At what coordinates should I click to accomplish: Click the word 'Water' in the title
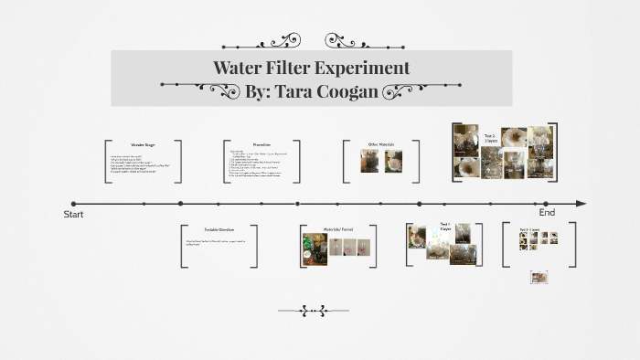[x=236, y=68]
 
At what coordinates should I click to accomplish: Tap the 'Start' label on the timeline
[x=73, y=214]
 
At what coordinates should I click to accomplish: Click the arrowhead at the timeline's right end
[x=581, y=204]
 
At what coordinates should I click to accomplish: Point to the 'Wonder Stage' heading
[x=144, y=145]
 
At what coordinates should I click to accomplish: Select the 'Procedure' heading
[x=261, y=145]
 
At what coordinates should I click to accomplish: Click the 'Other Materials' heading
[x=379, y=144]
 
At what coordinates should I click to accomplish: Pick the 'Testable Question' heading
[x=219, y=229]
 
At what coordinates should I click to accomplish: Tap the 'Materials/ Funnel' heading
[x=336, y=229]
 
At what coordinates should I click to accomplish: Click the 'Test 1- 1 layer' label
[x=444, y=226]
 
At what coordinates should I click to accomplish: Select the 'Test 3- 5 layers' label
[x=531, y=229]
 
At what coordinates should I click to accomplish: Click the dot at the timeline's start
[x=74, y=204]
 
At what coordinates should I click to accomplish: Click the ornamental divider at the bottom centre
[x=314, y=311]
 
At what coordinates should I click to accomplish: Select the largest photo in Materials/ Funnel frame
[x=315, y=249]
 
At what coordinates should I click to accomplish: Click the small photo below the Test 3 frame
[x=539, y=277]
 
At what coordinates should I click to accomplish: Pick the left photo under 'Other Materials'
[x=370, y=161]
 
